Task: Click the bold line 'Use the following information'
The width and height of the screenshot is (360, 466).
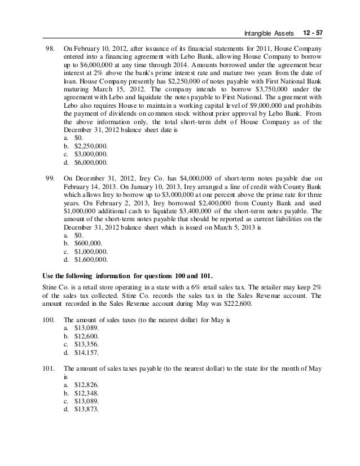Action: pos(128,275)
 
